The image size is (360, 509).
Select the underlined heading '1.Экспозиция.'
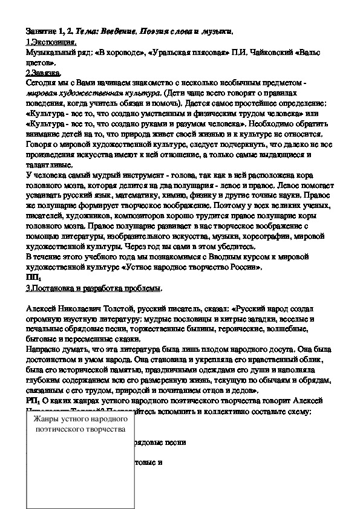51,42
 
